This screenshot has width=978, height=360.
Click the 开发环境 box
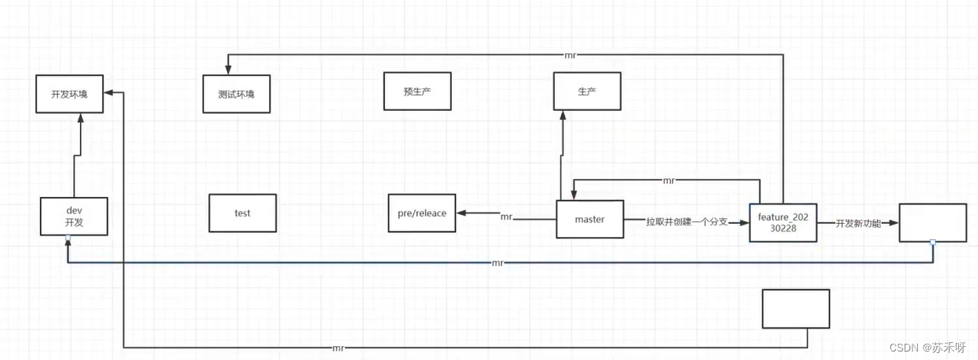[x=69, y=95]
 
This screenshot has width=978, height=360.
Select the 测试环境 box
[x=236, y=94]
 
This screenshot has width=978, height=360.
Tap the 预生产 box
[x=417, y=92]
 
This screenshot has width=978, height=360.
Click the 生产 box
[x=586, y=92]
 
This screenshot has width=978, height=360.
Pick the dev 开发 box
[x=74, y=216]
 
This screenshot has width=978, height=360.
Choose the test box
[x=242, y=213]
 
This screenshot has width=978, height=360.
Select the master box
[x=589, y=219]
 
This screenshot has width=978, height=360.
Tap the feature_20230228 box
[x=783, y=223]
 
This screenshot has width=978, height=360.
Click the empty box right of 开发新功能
[x=933, y=223]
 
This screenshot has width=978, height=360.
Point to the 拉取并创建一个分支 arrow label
[x=687, y=222]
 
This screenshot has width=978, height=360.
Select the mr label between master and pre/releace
[x=506, y=217]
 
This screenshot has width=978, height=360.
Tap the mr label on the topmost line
[x=569, y=55]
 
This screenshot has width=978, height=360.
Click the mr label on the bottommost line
[x=339, y=348]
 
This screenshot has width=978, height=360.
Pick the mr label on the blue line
[x=498, y=263]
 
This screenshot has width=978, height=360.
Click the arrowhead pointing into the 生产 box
[x=562, y=113]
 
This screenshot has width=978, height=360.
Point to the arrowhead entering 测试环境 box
[x=229, y=70]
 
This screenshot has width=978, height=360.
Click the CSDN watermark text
[x=927, y=348]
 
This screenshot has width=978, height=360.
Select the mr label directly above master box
[x=669, y=180]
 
